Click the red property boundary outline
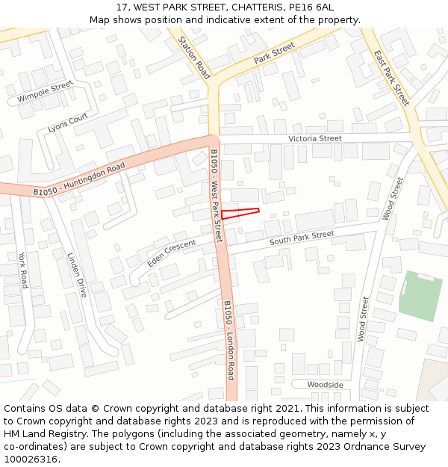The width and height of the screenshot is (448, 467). [x=240, y=213]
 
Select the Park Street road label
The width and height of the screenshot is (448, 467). [x=274, y=53]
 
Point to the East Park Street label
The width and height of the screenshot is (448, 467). [x=392, y=78]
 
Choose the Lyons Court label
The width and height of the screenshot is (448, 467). [x=68, y=123]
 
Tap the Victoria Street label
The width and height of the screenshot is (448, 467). [x=315, y=139]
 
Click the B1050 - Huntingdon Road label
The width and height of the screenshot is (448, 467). [x=78, y=180]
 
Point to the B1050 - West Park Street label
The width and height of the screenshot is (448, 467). [x=216, y=196]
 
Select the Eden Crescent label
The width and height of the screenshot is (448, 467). [x=171, y=253]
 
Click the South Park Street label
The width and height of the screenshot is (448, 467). [x=302, y=238]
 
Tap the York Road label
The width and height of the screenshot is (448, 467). [x=23, y=270]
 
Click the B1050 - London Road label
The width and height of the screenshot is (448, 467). [x=230, y=340]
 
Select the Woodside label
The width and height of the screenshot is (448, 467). [x=326, y=385]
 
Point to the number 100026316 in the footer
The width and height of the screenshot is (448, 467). [x=31, y=460]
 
